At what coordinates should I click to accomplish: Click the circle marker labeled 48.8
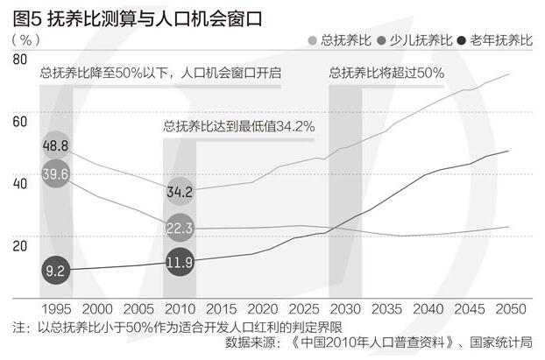[55, 145]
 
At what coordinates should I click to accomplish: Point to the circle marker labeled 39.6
[55, 174]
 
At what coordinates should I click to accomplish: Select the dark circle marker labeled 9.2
[55, 271]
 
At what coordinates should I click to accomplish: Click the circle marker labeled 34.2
[180, 190]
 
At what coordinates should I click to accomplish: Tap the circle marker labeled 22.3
[180, 228]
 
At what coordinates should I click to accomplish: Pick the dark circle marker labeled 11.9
[180, 262]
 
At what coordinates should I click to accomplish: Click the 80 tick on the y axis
[20, 59]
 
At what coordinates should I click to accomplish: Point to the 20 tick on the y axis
[20, 244]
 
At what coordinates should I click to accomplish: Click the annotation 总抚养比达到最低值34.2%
[238, 126]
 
